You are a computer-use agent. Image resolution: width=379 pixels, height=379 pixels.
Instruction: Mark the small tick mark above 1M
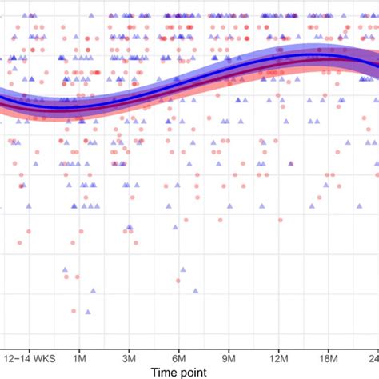point(79,342)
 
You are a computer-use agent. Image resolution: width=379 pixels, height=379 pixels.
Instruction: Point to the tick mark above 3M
point(130,342)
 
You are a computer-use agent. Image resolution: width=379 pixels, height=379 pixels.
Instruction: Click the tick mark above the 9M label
point(230,342)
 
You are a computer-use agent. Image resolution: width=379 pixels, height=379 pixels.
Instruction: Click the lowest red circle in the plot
point(73,311)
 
